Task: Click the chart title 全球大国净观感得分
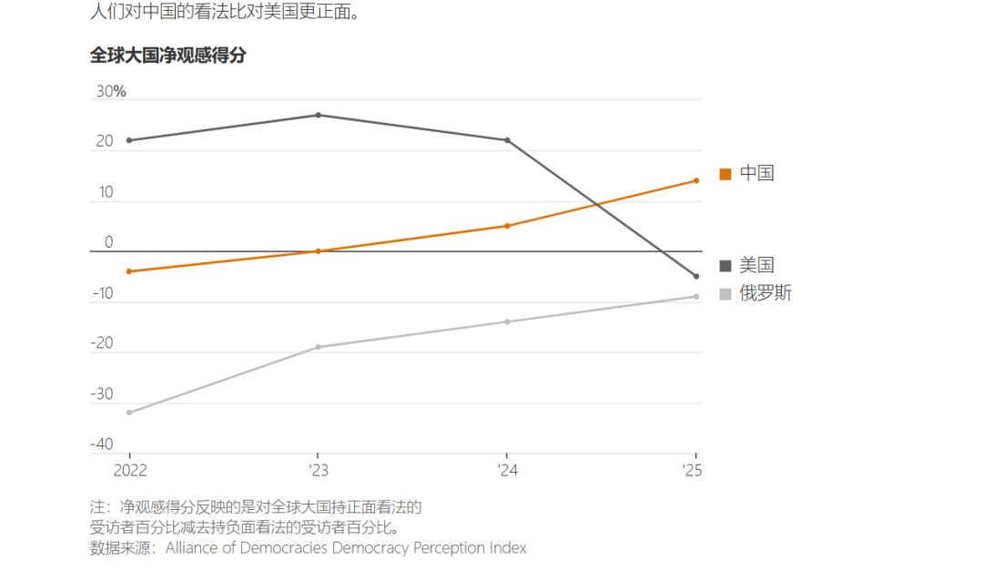tap(167, 56)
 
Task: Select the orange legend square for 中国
tap(725, 174)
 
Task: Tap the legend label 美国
tap(756, 266)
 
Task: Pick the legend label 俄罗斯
tap(765, 294)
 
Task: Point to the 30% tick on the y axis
tap(110, 92)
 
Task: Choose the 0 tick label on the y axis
tap(108, 242)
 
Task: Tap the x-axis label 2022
tap(129, 471)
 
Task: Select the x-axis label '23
tap(317, 471)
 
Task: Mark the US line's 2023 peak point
tap(318, 115)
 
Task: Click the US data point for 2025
tap(696, 276)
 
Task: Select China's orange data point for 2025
tap(696, 180)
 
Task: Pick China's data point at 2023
tap(318, 251)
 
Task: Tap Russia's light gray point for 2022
tap(129, 413)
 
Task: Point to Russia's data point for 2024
tap(507, 321)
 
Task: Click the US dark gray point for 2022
tap(129, 140)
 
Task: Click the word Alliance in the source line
tap(192, 547)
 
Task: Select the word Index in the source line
tap(507, 547)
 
